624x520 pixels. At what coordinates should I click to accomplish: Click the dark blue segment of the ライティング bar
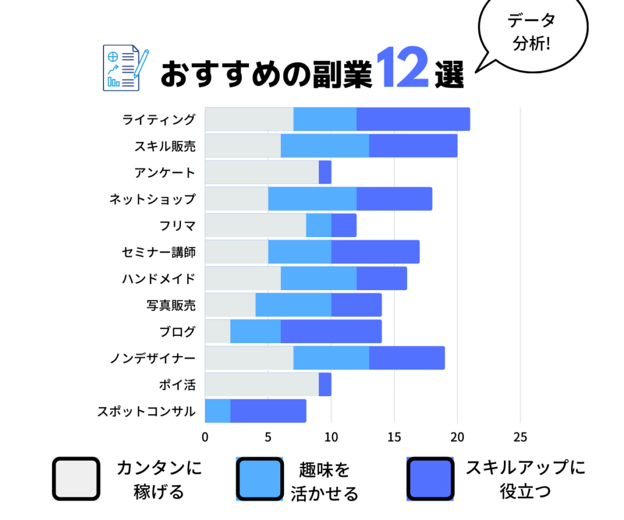tap(413, 119)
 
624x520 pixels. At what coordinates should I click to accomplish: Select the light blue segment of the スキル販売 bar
tap(325, 146)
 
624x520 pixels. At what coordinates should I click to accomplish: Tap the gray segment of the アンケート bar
tap(261, 172)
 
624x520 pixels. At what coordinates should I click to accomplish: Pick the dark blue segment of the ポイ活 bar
tap(325, 384)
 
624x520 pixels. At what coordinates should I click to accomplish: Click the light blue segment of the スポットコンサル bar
tap(218, 411)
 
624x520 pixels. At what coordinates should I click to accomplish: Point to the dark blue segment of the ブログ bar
tap(331, 331)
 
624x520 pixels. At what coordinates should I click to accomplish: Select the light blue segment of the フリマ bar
tap(318, 225)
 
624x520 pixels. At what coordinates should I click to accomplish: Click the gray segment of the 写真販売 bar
tap(230, 305)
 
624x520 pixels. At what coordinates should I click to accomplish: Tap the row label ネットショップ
tap(152, 199)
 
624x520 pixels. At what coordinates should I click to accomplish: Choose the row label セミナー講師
tap(158, 252)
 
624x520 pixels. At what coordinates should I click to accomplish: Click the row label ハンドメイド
tap(158, 279)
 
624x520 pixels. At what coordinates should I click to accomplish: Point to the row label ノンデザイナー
tap(152, 358)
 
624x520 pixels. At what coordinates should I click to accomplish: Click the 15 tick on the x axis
tap(394, 436)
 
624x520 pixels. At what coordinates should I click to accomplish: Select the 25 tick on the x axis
tap(520, 436)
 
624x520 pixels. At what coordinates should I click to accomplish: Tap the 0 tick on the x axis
tap(205, 436)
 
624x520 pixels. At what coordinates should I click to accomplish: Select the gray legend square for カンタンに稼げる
tap(76, 479)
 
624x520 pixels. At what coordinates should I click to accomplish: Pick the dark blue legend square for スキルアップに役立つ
tap(430, 479)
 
